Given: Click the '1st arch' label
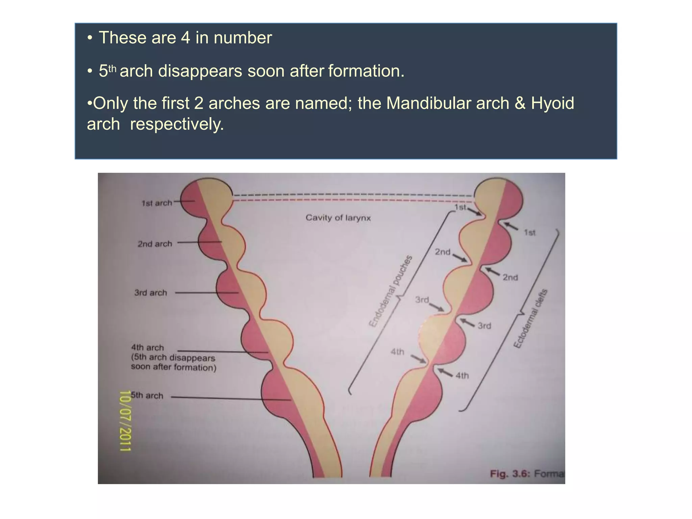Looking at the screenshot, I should click(x=156, y=203).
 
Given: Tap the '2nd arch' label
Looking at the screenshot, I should click(x=155, y=244).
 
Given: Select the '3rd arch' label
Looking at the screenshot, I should click(x=151, y=293).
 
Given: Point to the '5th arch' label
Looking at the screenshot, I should click(x=147, y=395).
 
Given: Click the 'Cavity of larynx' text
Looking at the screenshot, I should click(x=338, y=218).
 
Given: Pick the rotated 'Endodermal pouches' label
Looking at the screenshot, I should click(x=391, y=291).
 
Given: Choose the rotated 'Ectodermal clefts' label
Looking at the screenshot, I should click(x=530, y=319).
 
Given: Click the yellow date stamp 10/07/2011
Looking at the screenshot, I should click(x=125, y=421).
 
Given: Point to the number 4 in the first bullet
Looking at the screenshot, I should click(x=186, y=38).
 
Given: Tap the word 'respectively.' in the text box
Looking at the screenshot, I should click(x=177, y=124).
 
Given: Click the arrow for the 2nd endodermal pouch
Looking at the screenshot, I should click(x=460, y=258).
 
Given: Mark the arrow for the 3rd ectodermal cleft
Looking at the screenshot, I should click(x=468, y=323).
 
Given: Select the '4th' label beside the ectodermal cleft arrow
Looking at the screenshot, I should click(x=462, y=375).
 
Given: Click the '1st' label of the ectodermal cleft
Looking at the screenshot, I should click(x=529, y=232).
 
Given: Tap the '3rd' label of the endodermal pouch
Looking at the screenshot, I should click(x=422, y=300).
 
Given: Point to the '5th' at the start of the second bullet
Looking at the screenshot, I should click(x=107, y=71).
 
